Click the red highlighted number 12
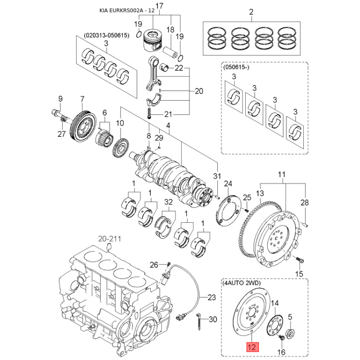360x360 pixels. click(252, 347)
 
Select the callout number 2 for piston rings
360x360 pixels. click(252, 12)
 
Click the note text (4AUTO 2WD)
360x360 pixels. click(241, 283)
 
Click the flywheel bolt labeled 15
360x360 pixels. click(301, 260)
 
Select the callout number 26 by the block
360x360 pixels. click(153, 264)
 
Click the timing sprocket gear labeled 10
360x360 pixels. click(120, 147)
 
